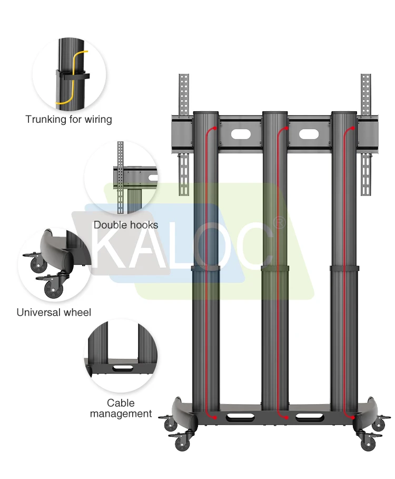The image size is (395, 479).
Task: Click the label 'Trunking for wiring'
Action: click(x=68, y=119)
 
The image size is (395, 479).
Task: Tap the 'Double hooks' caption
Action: click(x=125, y=225)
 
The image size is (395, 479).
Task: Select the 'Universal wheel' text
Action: click(x=54, y=312)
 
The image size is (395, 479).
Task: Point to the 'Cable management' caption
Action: click(x=121, y=408)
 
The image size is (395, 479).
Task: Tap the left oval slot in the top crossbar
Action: click(x=240, y=134)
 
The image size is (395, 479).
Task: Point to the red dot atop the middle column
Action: click(x=285, y=128)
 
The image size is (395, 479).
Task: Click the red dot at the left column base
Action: click(x=215, y=418)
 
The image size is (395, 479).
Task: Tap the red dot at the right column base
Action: click(x=350, y=418)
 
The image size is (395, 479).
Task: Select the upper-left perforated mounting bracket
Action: click(x=183, y=95)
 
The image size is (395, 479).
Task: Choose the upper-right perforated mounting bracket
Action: click(x=366, y=95)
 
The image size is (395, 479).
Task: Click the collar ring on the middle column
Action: click(x=275, y=269)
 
